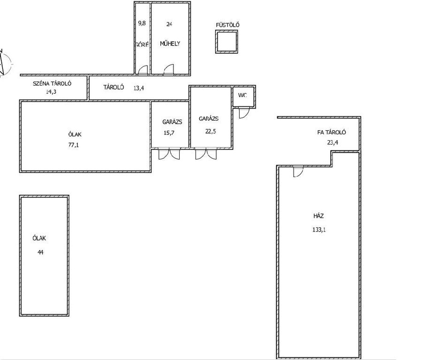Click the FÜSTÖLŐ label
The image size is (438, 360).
point(227,25)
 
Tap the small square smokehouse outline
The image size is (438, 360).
point(227,31)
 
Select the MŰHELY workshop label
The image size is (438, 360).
point(170,44)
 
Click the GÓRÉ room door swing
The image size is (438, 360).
point(143,70)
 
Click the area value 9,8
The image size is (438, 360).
point(142,23)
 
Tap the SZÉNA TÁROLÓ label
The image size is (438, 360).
point(52,83)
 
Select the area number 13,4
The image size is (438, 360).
point(138,88)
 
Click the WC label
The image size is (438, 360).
point(242,95)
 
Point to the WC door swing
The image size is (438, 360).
point(243,113)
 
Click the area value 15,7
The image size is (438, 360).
point(169,133)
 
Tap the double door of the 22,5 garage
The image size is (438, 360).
point(206,154)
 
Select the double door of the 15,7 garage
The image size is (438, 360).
point(169,154)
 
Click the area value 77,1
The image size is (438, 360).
point(74,145)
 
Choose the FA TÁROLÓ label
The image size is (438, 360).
point(332,132)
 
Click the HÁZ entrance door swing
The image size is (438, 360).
point(298,172)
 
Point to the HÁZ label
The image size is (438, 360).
point(318,216)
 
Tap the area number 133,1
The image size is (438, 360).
point(319,230)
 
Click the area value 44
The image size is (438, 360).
point(40,252)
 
